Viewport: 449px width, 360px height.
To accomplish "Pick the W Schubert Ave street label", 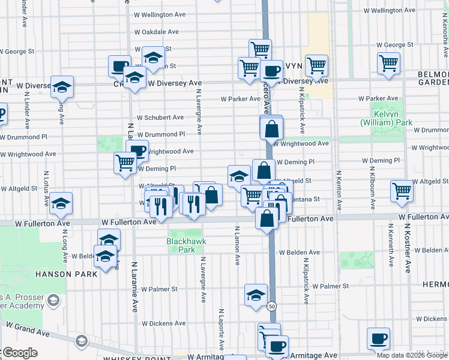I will point(160,118).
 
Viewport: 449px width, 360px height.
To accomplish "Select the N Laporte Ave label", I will point(221,329).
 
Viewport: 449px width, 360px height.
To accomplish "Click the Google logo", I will point(19,353).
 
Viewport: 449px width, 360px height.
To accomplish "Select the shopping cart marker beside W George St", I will point(388,62).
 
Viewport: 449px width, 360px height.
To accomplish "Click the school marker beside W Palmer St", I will point(256,294).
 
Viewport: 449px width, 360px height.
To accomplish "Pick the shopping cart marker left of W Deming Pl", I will point(125,162).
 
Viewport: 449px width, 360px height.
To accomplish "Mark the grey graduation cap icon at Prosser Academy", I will point(53,299).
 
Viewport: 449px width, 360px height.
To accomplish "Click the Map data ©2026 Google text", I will point(412,355).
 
